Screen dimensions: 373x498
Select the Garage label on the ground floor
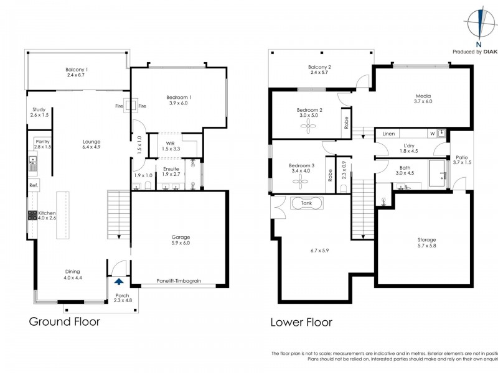point(181,237)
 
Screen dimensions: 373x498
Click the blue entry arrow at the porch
point(118,282)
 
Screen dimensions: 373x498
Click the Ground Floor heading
point(65,322)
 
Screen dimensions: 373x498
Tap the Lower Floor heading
point(301,322)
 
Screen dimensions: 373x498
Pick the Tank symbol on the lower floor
point(306,203)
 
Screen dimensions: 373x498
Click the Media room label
point(424,96)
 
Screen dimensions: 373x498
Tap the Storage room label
point(426,239)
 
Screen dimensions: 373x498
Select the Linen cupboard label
point(389,134)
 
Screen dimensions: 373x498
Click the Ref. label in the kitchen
point(34,186)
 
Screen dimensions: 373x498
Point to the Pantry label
point(42,141)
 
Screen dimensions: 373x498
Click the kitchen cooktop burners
point(32,216)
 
